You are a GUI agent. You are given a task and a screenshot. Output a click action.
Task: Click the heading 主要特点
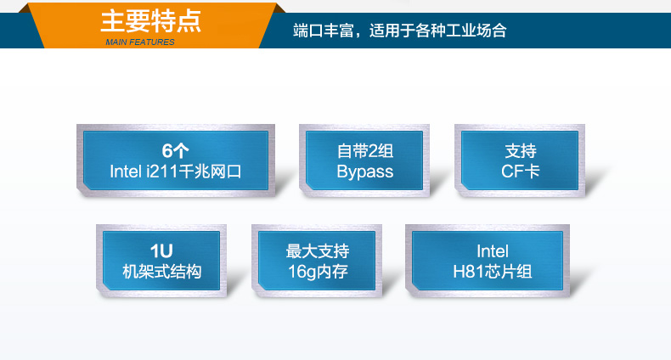[151, 20]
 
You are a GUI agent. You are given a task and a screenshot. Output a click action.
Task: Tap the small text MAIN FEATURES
[140, 42]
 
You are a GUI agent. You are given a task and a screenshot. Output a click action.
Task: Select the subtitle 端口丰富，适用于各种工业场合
[399, 31]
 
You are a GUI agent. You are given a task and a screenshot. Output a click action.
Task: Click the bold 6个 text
[175, 151]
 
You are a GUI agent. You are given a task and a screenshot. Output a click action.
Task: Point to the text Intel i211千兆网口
[176, 172]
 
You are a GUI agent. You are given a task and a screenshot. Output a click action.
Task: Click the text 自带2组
[364, 151]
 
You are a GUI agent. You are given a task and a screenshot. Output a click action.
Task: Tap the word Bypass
[364, 172]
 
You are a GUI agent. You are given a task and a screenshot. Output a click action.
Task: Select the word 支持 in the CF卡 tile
[521, 151]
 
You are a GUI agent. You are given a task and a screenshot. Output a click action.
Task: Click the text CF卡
[521, 172]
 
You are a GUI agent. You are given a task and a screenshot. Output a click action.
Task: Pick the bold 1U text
[161, 251]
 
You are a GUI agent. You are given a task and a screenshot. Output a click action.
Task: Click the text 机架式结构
[161, 272]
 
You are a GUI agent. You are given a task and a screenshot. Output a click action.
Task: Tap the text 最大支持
[318, 251]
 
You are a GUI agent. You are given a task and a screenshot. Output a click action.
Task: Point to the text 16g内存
[318, 272]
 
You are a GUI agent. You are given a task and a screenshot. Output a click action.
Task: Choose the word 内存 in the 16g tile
[333, 272]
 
